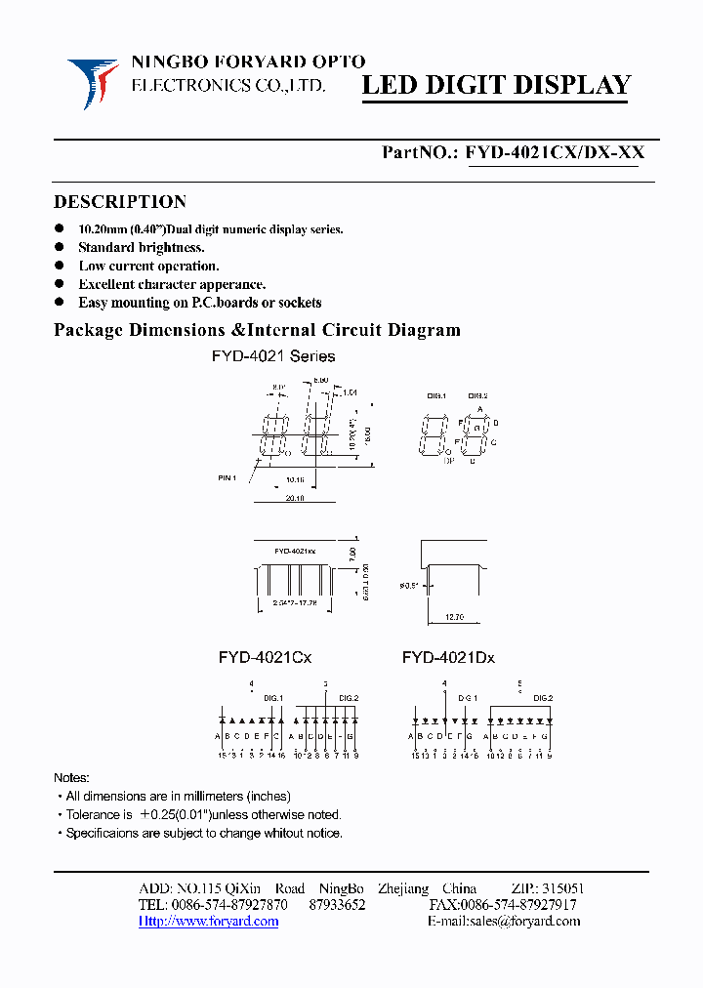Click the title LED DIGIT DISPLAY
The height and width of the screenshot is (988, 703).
(497, 86)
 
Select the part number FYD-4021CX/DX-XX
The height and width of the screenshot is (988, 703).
(555, 152)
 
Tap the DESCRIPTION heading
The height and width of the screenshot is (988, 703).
(120, 202)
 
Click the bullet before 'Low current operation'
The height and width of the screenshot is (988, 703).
(61, 266)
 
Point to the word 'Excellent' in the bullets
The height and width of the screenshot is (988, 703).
(108, 284)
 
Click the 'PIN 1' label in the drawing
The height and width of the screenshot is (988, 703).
(227, 477)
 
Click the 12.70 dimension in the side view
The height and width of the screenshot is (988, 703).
(453, 617)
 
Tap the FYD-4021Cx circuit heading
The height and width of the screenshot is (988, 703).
(265, 658)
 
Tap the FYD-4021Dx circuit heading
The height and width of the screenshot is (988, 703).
(448, 658)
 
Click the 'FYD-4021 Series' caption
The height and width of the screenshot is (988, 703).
(273, 356)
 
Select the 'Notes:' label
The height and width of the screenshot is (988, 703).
(71, 778)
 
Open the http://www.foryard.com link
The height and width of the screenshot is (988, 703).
(208, 921)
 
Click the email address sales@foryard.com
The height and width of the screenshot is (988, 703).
(533, 921)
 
